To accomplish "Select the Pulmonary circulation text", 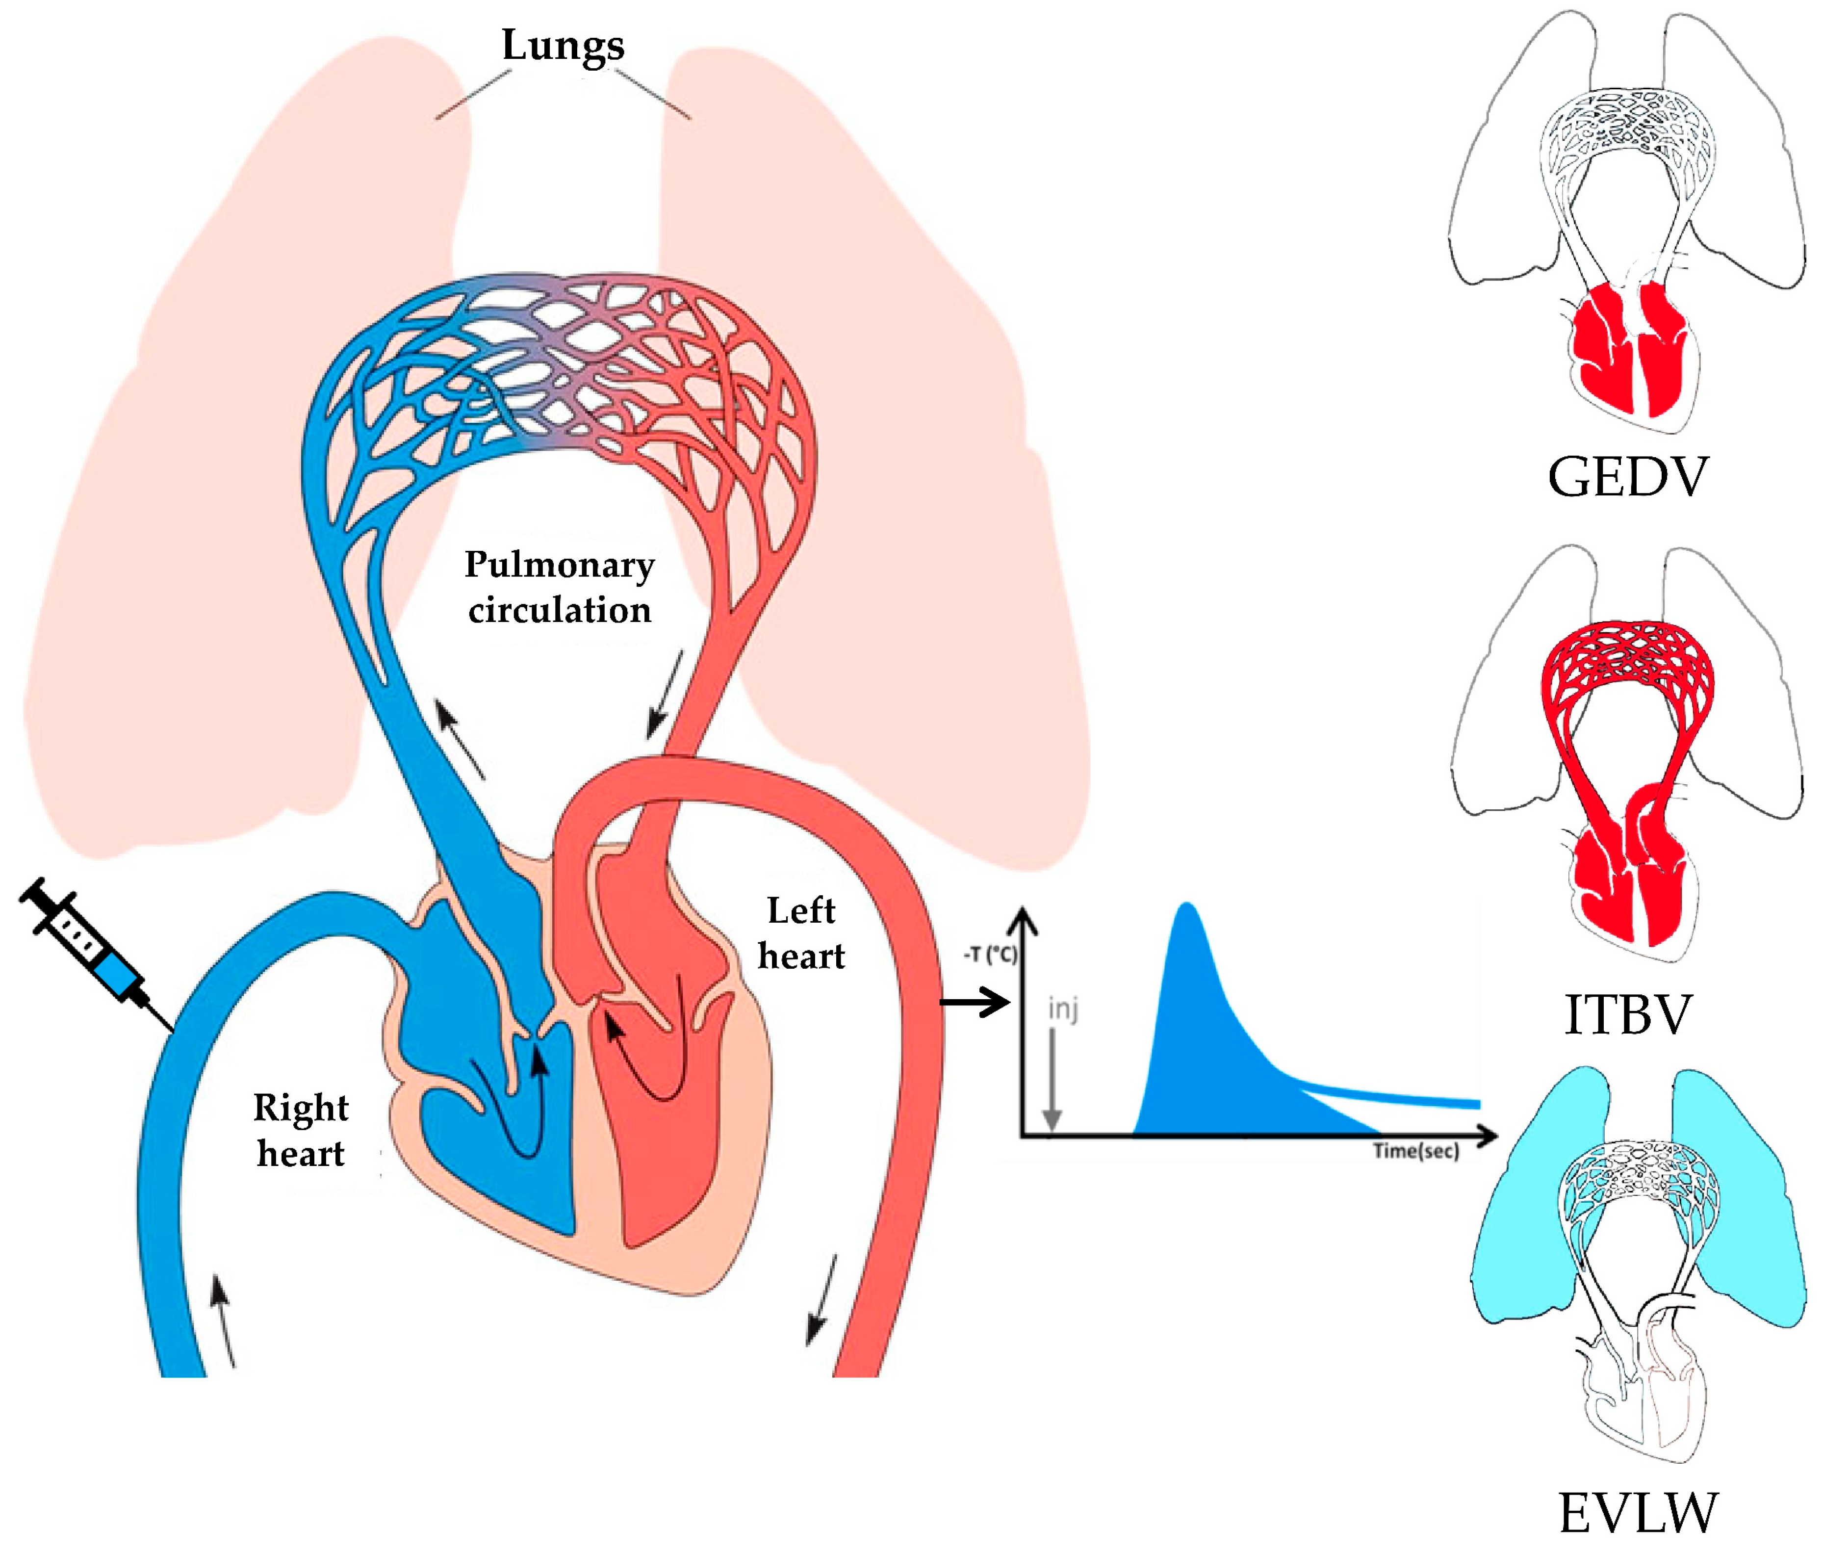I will coord(560,587).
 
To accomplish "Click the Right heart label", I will coord(301,1131).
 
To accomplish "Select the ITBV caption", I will coord(1628,1014).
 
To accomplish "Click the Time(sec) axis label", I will coord(1415,1151).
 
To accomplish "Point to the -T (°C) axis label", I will coord(990,955).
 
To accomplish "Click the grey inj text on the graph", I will coord(1063,1009).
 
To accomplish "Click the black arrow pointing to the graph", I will coord(975,1002).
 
